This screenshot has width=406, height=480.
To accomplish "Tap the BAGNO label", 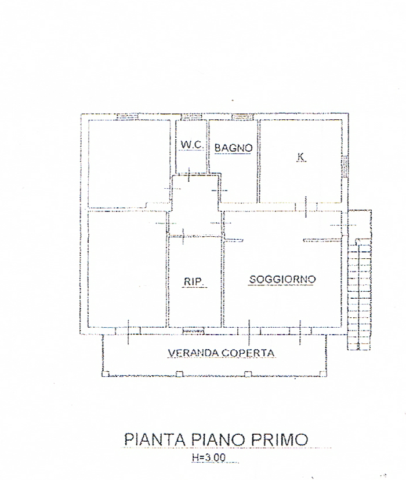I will click(233, 148).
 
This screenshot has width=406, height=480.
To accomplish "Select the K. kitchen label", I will click(300, 156).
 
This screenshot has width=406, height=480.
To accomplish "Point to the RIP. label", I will click(193, 281).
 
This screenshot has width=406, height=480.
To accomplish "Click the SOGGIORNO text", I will click(282, 279).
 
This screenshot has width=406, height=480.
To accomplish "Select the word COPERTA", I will click(251, 352).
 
